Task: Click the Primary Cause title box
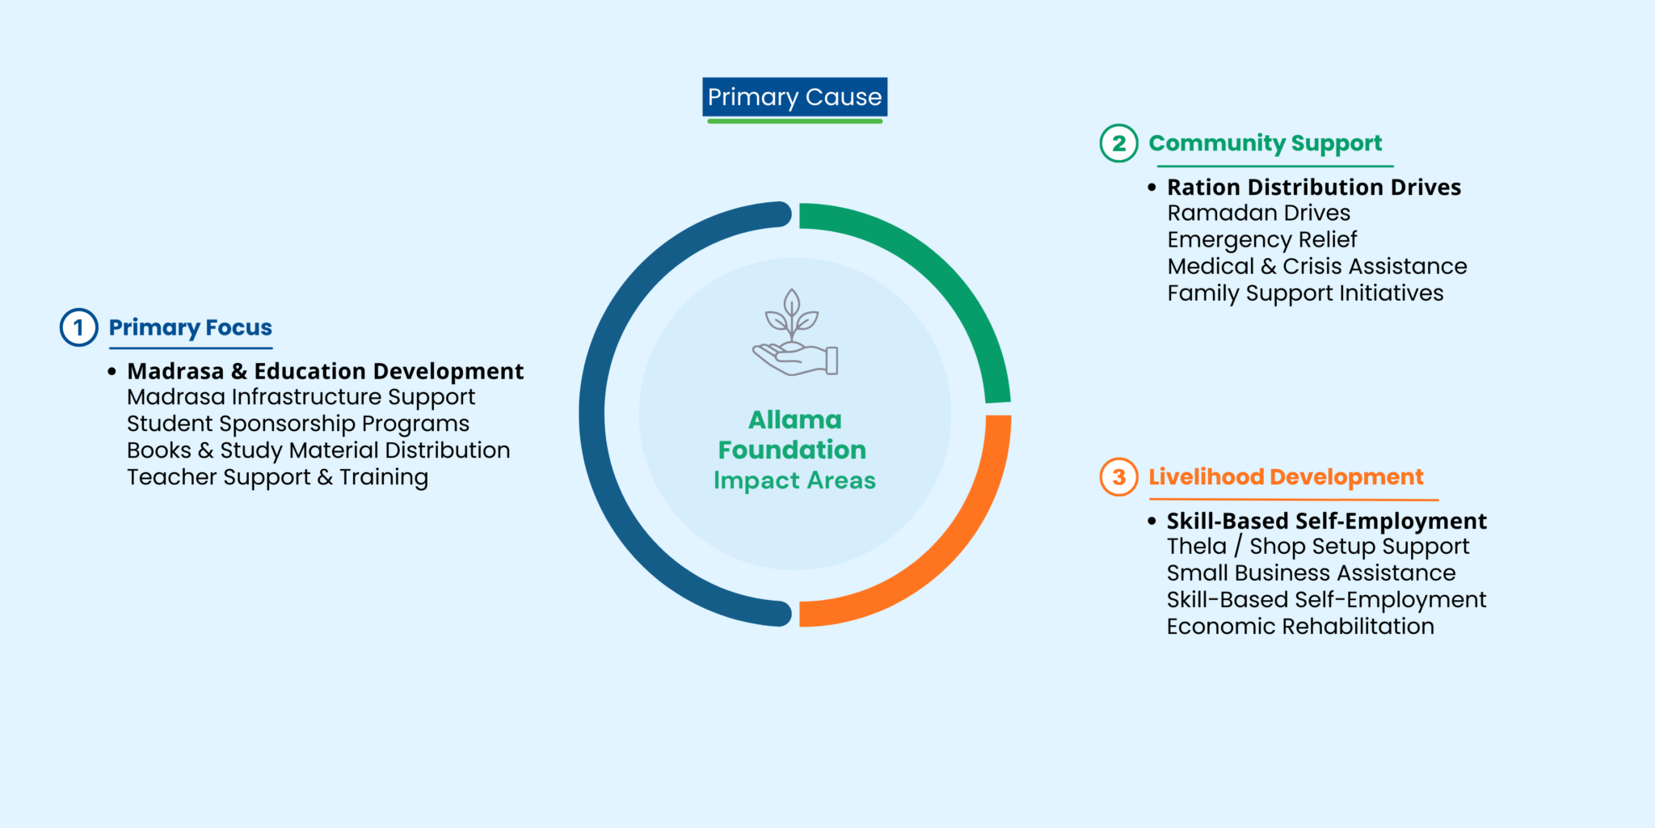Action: click(794, 97)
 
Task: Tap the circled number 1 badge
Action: click(78, 327)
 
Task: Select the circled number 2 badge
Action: click(1118, 144)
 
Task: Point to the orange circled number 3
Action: click(1118, 477)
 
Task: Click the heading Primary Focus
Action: click(191, 327)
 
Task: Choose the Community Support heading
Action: click(1265, 144)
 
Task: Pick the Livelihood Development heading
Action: click(1286, 477)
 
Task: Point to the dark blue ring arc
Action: click(594, 414)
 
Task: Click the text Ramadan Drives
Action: click(1258, 213)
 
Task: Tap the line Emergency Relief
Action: click(1261, 240)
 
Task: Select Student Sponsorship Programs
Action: click(297, 424)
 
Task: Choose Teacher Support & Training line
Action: click(277, 477)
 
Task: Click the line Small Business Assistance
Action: click(1311, 573)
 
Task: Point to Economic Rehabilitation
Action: click(1300, 627)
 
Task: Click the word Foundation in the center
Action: click(792, 450)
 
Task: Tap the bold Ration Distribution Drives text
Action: click(1314, 188)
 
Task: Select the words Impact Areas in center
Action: click(794, 480)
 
